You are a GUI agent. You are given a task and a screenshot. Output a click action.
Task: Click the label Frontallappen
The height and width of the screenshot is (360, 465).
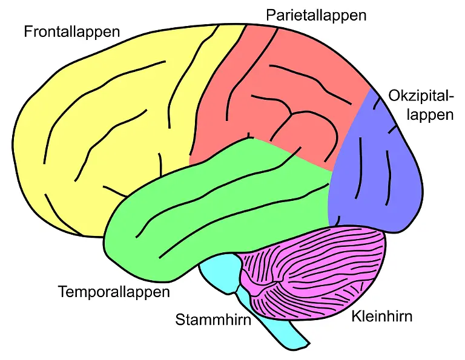click(71, 31)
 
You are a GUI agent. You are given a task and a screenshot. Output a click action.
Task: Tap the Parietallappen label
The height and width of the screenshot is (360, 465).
click(316, 15)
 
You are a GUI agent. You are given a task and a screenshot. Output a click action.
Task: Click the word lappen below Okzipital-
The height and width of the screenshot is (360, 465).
click(429, 115)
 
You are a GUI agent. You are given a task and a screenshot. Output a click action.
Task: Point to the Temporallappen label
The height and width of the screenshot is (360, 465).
click(114, 292)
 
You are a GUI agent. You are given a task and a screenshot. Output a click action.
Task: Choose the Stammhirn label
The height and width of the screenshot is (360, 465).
click(213, 319)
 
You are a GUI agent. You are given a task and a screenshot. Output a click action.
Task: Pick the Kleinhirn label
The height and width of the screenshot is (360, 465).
click(381, 316)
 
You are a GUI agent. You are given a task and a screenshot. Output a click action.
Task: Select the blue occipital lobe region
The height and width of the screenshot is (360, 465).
click(375, 175)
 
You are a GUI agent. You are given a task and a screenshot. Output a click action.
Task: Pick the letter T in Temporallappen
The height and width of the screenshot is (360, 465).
click(62, 292)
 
